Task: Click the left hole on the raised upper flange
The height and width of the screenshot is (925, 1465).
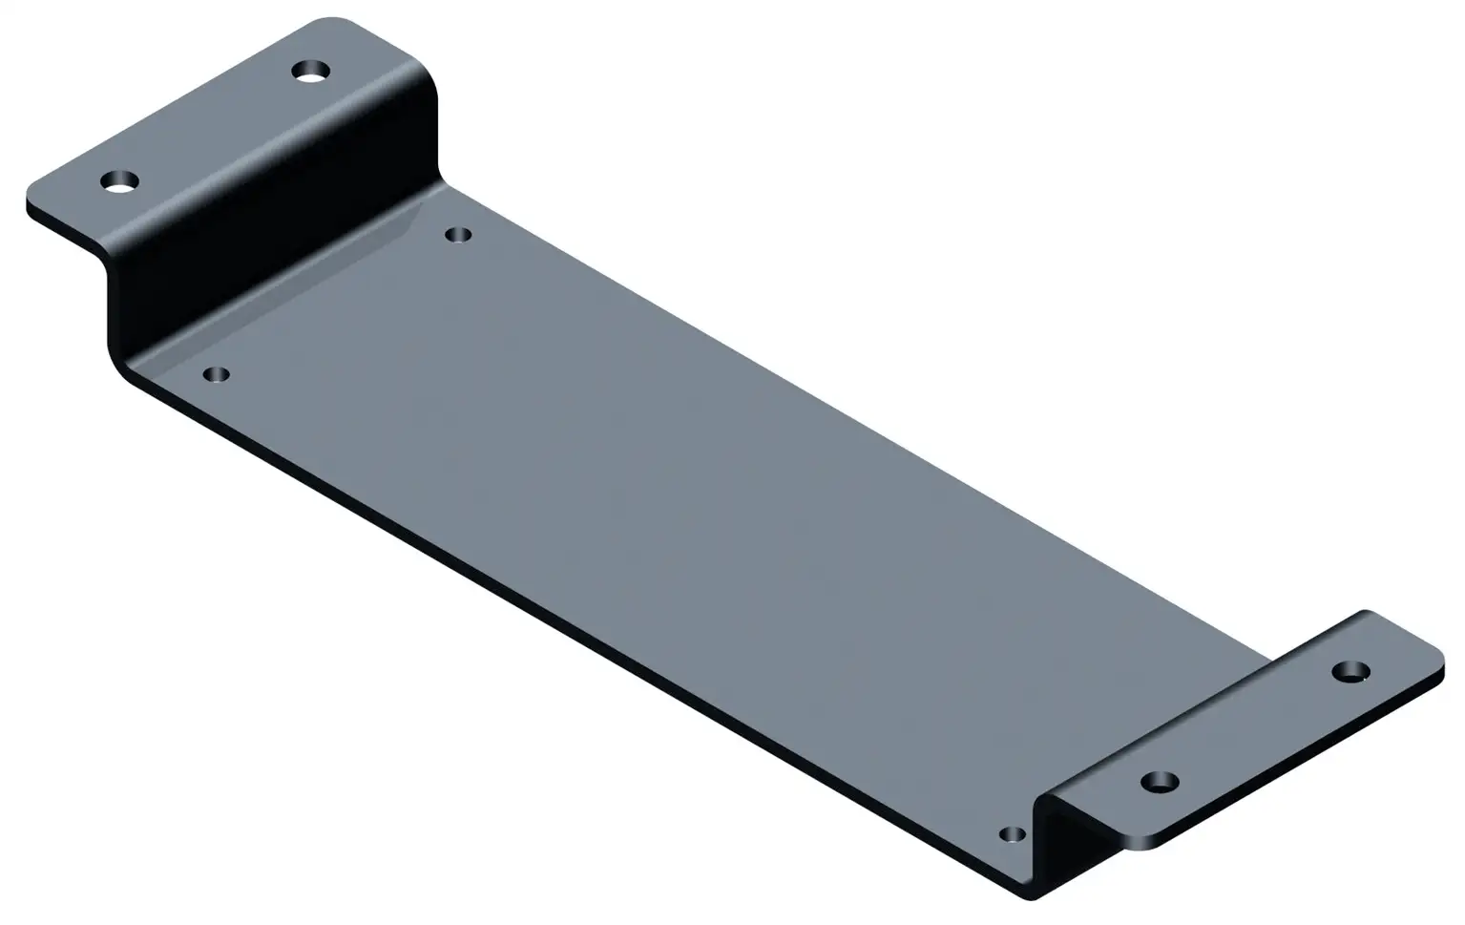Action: (120, 180)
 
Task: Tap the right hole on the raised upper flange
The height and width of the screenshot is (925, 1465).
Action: (311, 71)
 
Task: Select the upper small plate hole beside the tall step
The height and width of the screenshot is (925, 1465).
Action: (459, 234)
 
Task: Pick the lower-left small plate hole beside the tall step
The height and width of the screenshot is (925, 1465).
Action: (218, 374)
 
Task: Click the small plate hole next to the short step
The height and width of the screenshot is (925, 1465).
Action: (1013, 834)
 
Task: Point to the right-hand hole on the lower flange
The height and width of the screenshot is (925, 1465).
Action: (1350, 671)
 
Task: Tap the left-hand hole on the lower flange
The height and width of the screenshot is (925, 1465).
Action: (1160, 782)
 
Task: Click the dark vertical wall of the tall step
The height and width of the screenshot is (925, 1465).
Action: (277, 239)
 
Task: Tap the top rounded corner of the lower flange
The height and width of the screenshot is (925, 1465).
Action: (1366, 614)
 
